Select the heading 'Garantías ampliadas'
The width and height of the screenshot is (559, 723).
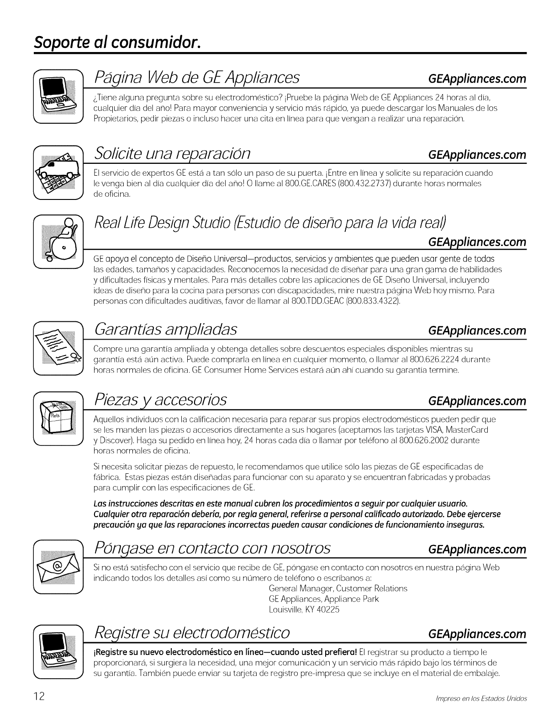tap(165, 328)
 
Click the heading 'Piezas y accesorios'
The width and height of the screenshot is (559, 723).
tap(160, 399)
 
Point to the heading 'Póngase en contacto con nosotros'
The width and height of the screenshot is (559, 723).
tap(212, 547)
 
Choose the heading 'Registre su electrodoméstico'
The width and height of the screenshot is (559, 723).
tap(192, 632)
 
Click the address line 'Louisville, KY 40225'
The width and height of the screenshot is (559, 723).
tap(304, 610)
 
